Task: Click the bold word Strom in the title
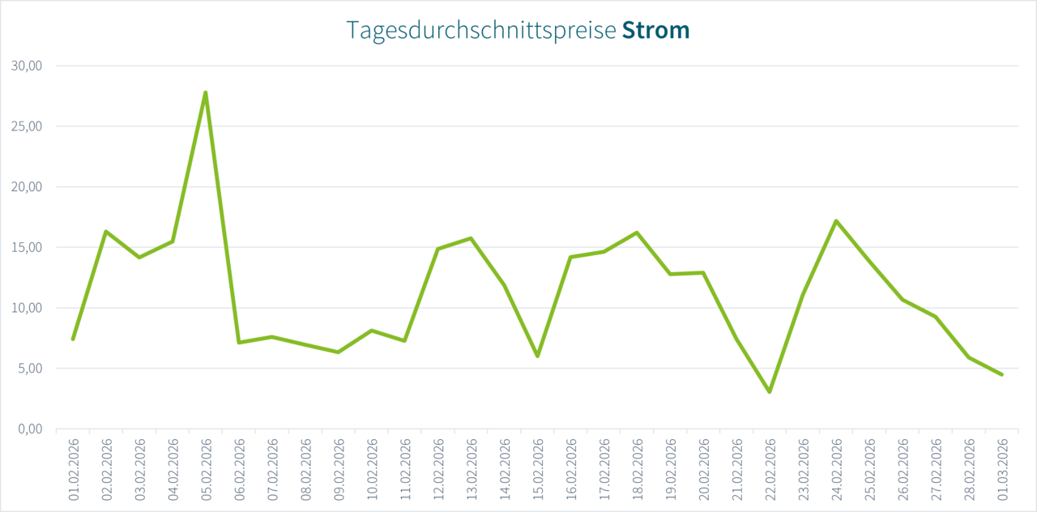click(x=655, y=30)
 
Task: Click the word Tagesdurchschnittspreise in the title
click(x=481, y=31)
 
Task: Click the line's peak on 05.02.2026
click(x=206, y=92)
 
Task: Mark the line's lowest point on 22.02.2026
click(x=770, y=392)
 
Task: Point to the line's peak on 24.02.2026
click(x=836, y=220)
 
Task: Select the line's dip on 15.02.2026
click(x=537, y=356)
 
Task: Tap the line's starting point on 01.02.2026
click(x=73, y=339)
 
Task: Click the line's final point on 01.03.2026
click(x=1002, y=374)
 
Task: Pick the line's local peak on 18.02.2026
click(x=637, y=233)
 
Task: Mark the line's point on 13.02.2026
click(x=471, y=238)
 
